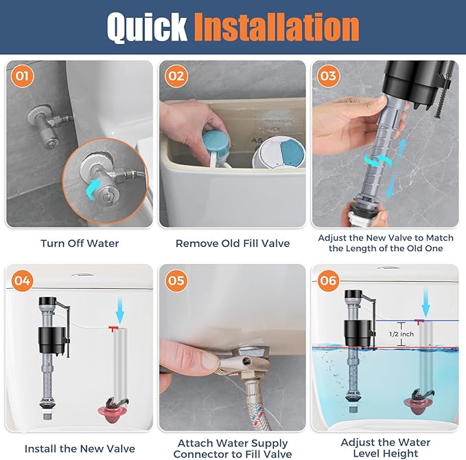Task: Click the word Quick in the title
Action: tap(148, 28)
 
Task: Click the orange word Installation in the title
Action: tap(275, 28)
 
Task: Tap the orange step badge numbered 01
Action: tap(23, 76)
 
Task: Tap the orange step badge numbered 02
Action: tap(176, 76)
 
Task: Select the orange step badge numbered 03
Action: tap(328, 76)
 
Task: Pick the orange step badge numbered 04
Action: tap(23, 281)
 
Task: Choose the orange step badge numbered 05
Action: tap(176, 281)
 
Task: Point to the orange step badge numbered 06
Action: tap(328, 281)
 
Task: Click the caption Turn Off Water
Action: tap(80, 243)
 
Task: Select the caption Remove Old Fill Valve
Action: tap(233, 243)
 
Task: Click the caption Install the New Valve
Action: tap(80, 448)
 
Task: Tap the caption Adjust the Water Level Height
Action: tap(386, 448)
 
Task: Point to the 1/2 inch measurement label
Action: tap(401, 333)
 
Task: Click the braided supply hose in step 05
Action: tap(257, 402)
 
